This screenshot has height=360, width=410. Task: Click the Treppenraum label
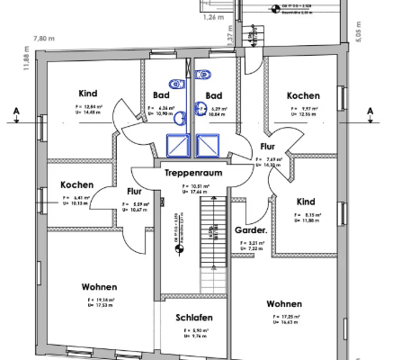[x=192, y=170]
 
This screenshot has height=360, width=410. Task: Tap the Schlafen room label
[x=193, y=318]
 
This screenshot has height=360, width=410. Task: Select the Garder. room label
[x=250, y=229]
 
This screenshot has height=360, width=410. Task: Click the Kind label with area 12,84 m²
[x=88, y=94]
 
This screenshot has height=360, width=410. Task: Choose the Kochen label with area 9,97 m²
[x=303, y=95]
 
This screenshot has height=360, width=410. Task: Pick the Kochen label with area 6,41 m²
[x=77, y=184]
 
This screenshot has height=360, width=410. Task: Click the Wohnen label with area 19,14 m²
[x=99, y=287]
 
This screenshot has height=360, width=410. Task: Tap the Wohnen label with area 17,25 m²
[x=284, y=303]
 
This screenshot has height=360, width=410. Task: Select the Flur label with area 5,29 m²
[x=134, y=191]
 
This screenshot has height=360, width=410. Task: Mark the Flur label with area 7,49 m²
[x=268, y=145]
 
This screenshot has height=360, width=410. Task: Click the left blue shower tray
[x=178, y=145]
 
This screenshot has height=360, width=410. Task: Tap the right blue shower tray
[x=209, y=145]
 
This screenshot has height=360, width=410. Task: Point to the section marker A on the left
[x=15, y=111]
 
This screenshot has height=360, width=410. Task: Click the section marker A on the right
[x=370, y=111]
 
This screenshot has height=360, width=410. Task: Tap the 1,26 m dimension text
[x=213, y=17]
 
